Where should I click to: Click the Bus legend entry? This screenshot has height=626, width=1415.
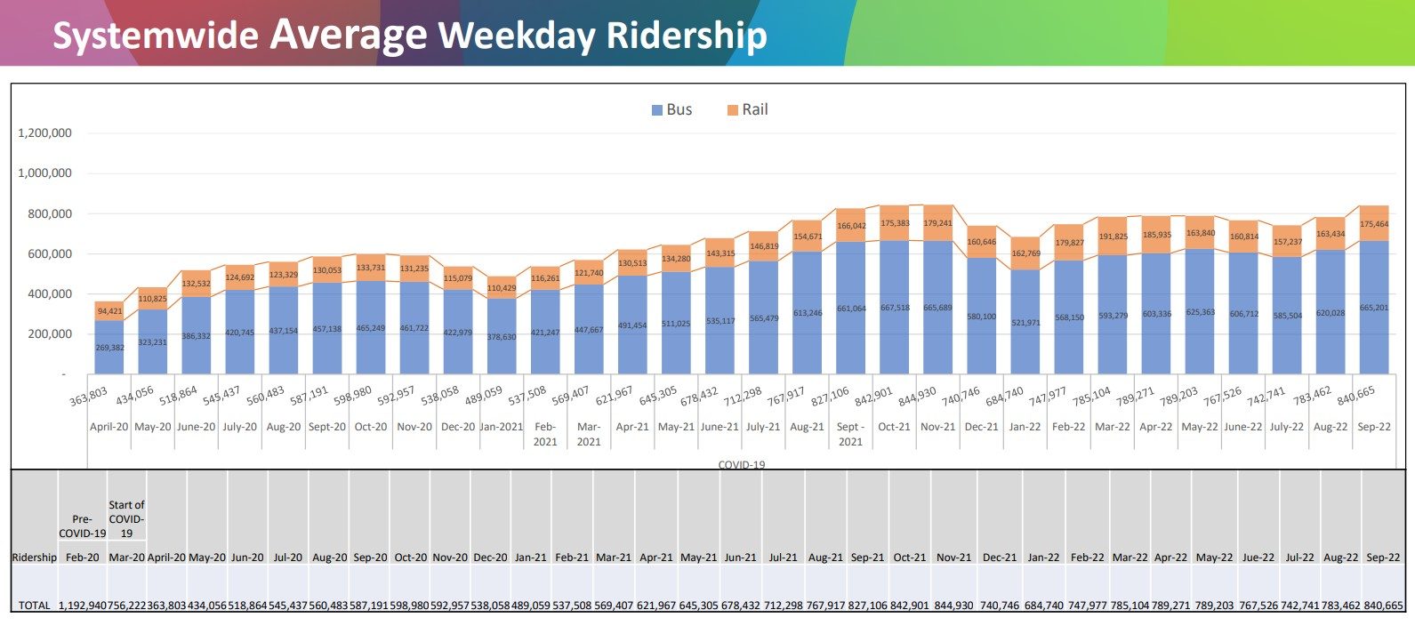tap(671, 109)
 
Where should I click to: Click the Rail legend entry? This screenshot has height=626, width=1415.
tap(747, 109)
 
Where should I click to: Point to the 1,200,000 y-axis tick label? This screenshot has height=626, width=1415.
tap(44, 133)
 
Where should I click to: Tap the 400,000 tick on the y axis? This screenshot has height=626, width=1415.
tap(44, 294)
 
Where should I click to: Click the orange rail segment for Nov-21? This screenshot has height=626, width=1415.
tap(937, 222)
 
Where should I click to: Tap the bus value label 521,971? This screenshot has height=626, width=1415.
tap(1025, 323)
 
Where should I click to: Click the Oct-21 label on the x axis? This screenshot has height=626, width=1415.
tap(894, 427)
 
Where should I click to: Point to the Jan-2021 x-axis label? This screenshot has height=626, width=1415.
tap(502, 427)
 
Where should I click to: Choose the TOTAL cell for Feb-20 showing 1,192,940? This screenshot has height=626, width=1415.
tap(82, 606)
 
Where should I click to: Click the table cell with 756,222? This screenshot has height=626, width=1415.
tap(126, 606)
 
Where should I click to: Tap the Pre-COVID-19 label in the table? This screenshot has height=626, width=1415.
tap(82, 526)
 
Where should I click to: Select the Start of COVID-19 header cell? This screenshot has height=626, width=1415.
tap(126, 518)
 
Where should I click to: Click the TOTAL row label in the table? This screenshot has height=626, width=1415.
tap(35, 606)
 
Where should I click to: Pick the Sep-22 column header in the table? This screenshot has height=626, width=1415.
tap(1382, 558)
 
